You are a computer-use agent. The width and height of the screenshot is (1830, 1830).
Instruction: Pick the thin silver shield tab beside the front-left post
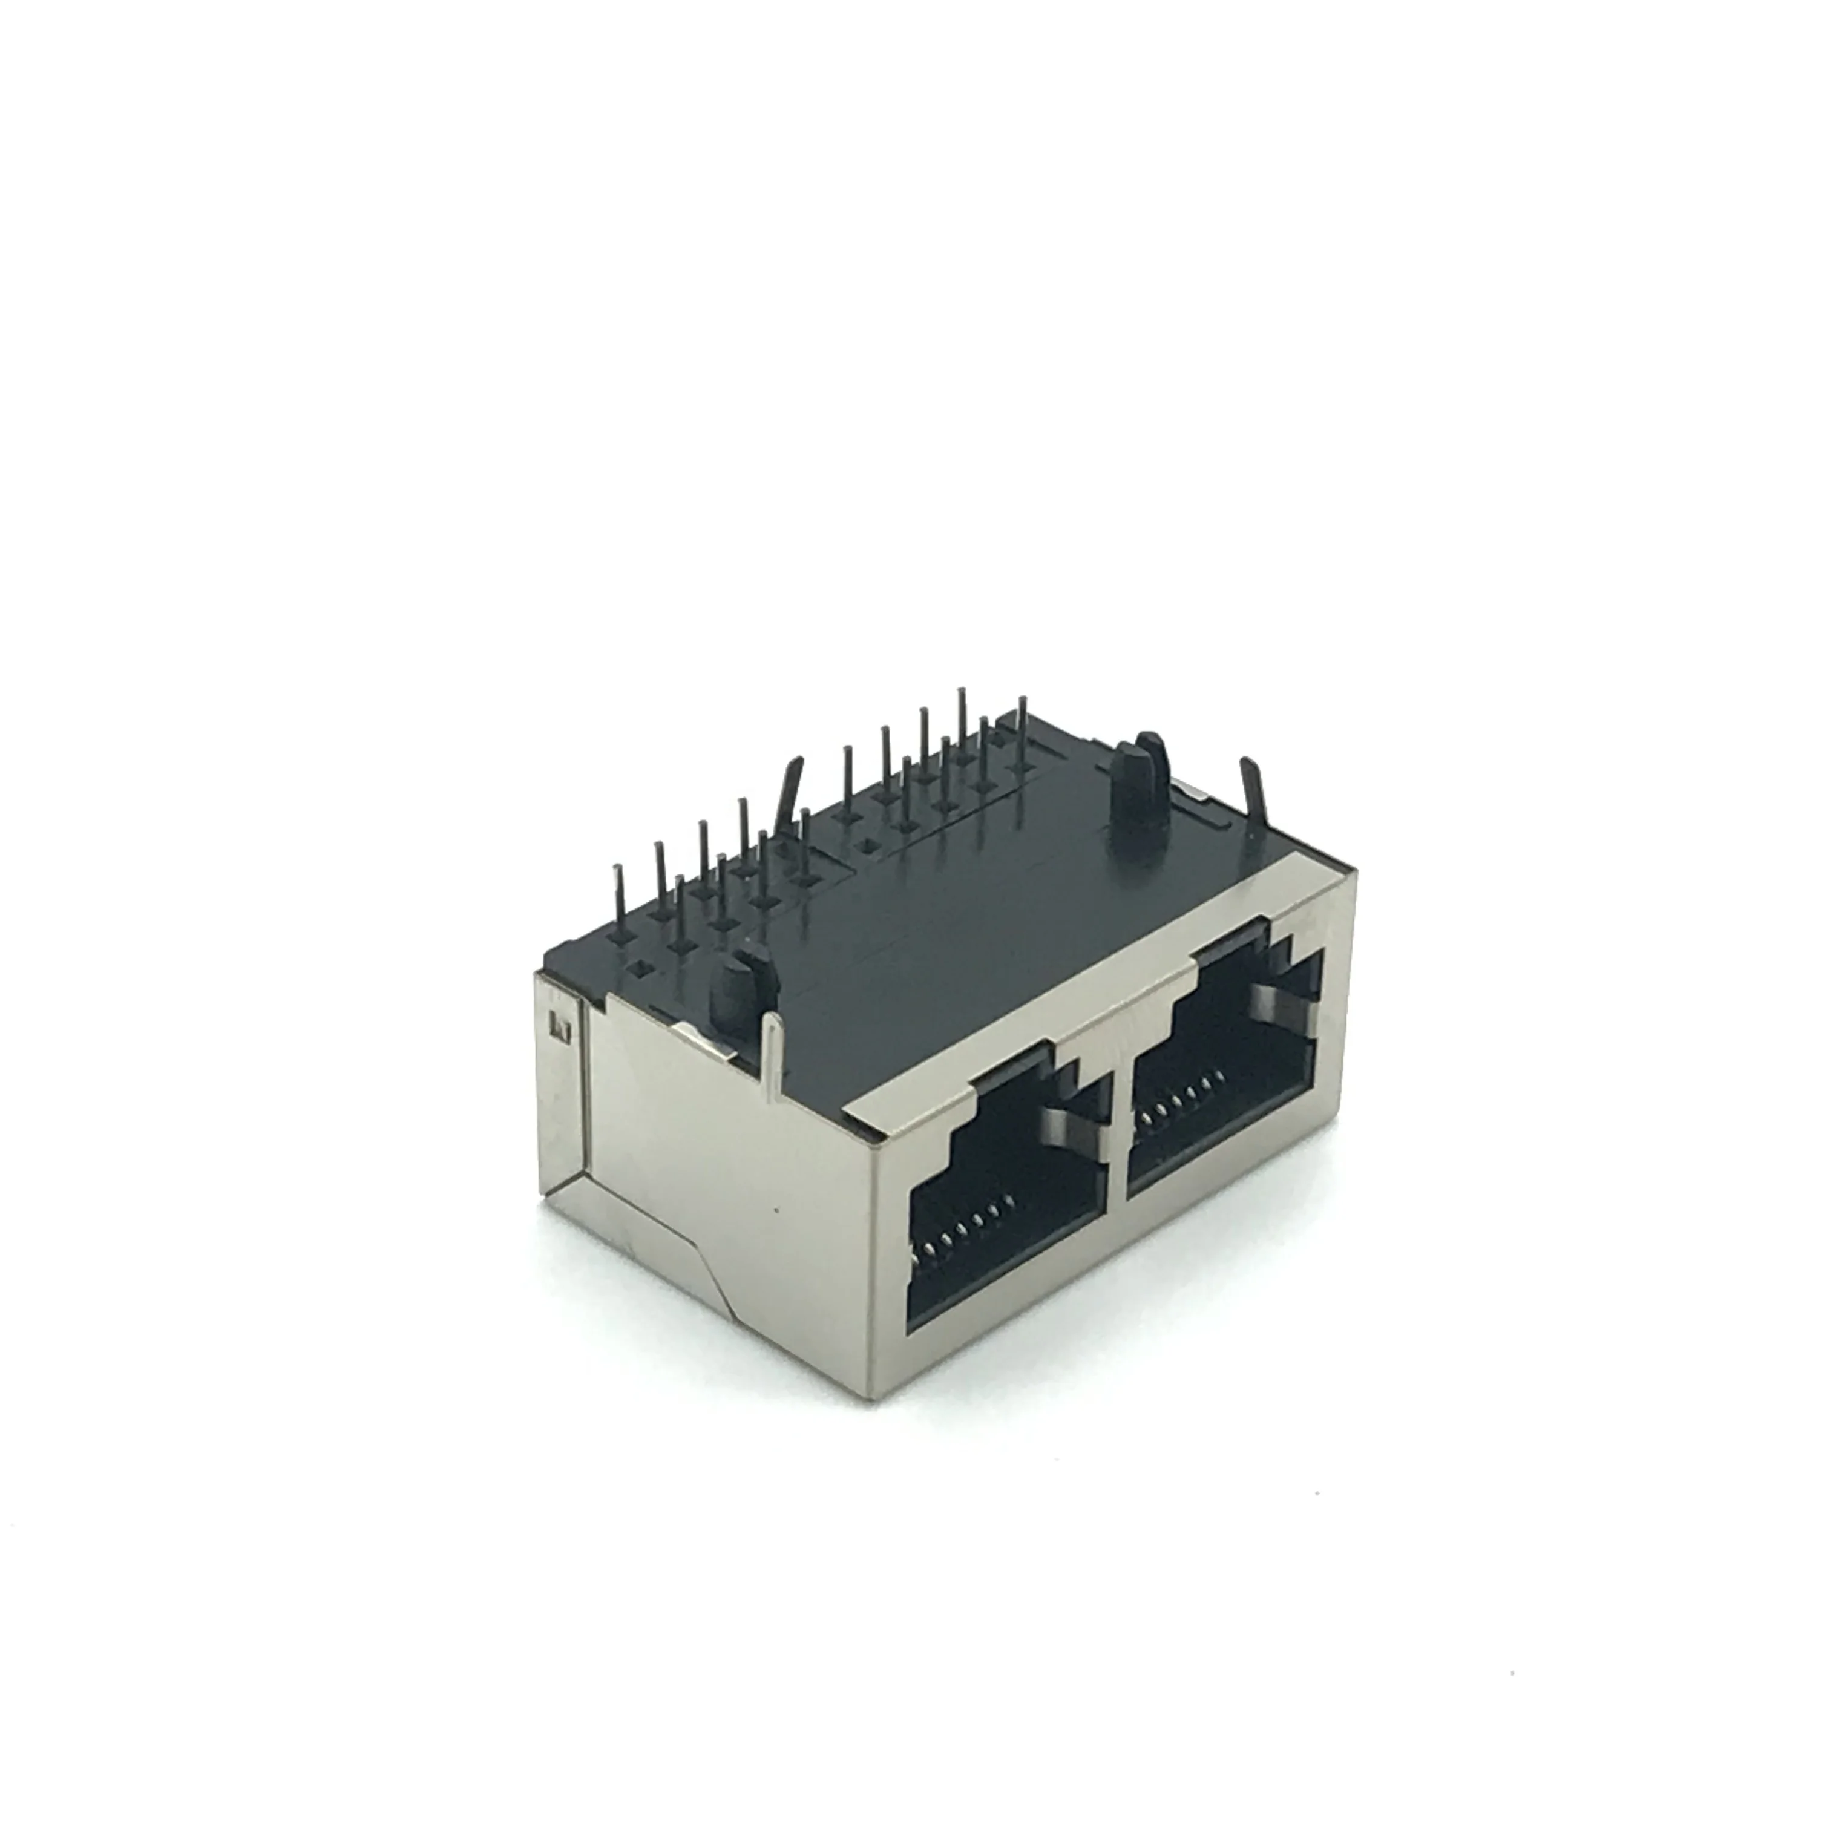(772, 1051)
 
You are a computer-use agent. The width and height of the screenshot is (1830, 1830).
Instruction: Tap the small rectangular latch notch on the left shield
(559, 1026)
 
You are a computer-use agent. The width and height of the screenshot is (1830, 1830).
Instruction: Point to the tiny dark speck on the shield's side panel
(776, 1210)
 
